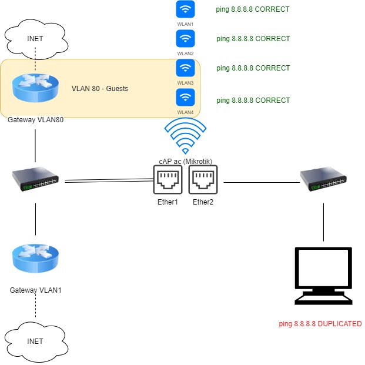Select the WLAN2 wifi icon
185,39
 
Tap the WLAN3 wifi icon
185,68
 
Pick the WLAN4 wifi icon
185,97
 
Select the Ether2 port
203,179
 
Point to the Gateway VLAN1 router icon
36,259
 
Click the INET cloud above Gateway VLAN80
35,39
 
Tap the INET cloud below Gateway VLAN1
35,340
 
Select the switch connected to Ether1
36,179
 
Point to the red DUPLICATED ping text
320,324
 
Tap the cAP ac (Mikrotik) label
185,161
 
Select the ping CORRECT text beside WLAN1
253,9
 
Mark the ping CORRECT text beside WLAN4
253,101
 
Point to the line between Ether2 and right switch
259,183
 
